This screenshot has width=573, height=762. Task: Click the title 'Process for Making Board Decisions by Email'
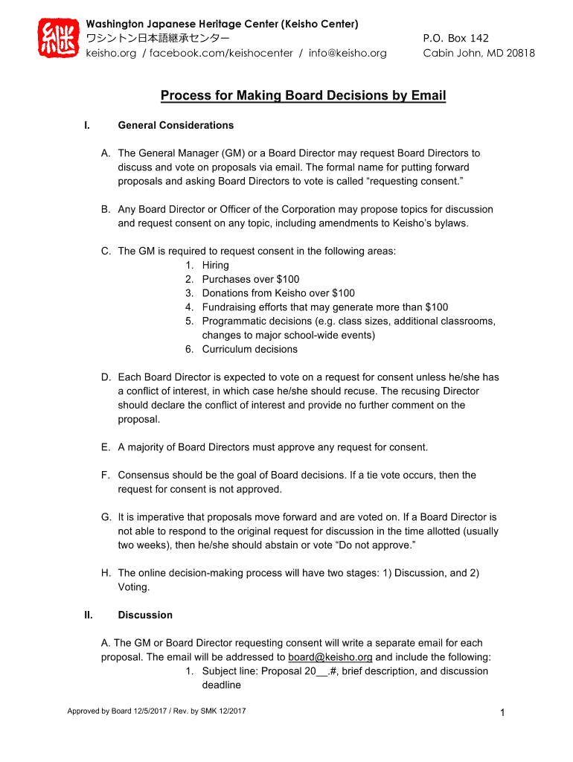pos(304,95)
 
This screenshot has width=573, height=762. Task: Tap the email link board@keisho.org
pos(330,657)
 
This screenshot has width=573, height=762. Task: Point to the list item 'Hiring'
pos(215,265)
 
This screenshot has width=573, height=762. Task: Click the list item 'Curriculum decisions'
pos(249,349)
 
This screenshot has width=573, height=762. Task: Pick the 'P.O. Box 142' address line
pos(455,38)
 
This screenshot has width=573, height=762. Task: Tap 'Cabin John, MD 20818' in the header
pos(478,53)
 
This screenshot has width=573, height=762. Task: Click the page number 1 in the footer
pos(503,714)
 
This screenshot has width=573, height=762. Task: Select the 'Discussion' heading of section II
pos(145,615)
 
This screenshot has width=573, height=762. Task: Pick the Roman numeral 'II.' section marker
pos(89,615)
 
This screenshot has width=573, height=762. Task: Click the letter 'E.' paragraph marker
pos(106,447)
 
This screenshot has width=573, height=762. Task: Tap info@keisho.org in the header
pos(348,53)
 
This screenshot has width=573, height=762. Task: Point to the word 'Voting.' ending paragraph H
pos(134,587)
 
